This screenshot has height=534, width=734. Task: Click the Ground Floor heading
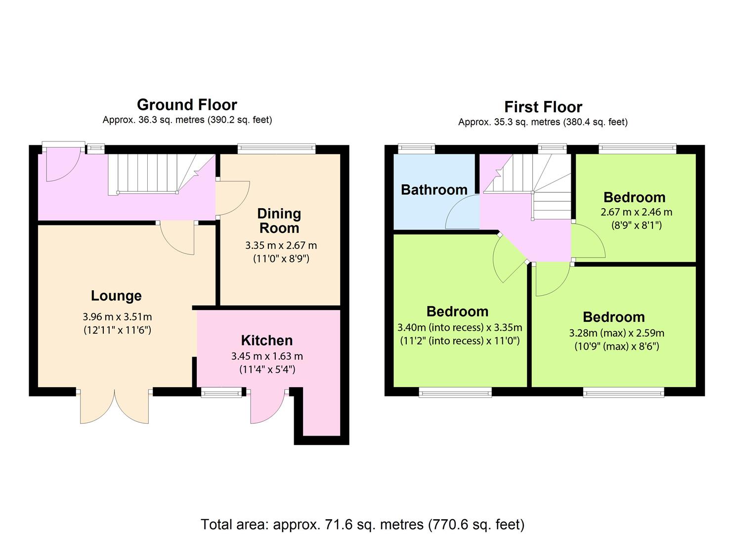(187, 105)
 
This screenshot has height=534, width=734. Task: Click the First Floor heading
(543, 107)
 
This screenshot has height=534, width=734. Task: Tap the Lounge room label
(116, 296)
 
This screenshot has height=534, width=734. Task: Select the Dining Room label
(279, 221)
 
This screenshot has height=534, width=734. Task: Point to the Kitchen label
(267, 340)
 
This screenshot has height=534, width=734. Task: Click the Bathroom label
(434, 190)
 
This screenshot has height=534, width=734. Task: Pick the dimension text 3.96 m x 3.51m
(117, 316)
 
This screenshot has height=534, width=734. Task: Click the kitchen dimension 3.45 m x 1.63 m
(267, 356)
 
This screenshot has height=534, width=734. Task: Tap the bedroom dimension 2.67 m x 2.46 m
(636, 212)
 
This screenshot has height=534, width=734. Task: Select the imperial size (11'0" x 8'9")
(281, 259)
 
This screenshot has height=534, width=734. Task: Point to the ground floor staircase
(162, 175)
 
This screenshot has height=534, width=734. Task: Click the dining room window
(277, 149)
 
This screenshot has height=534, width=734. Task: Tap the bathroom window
(417, 149)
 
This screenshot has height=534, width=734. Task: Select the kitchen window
(221, 392)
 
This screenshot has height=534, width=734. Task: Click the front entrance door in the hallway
(62, 164)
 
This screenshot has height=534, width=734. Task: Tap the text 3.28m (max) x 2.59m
(617, 333)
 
